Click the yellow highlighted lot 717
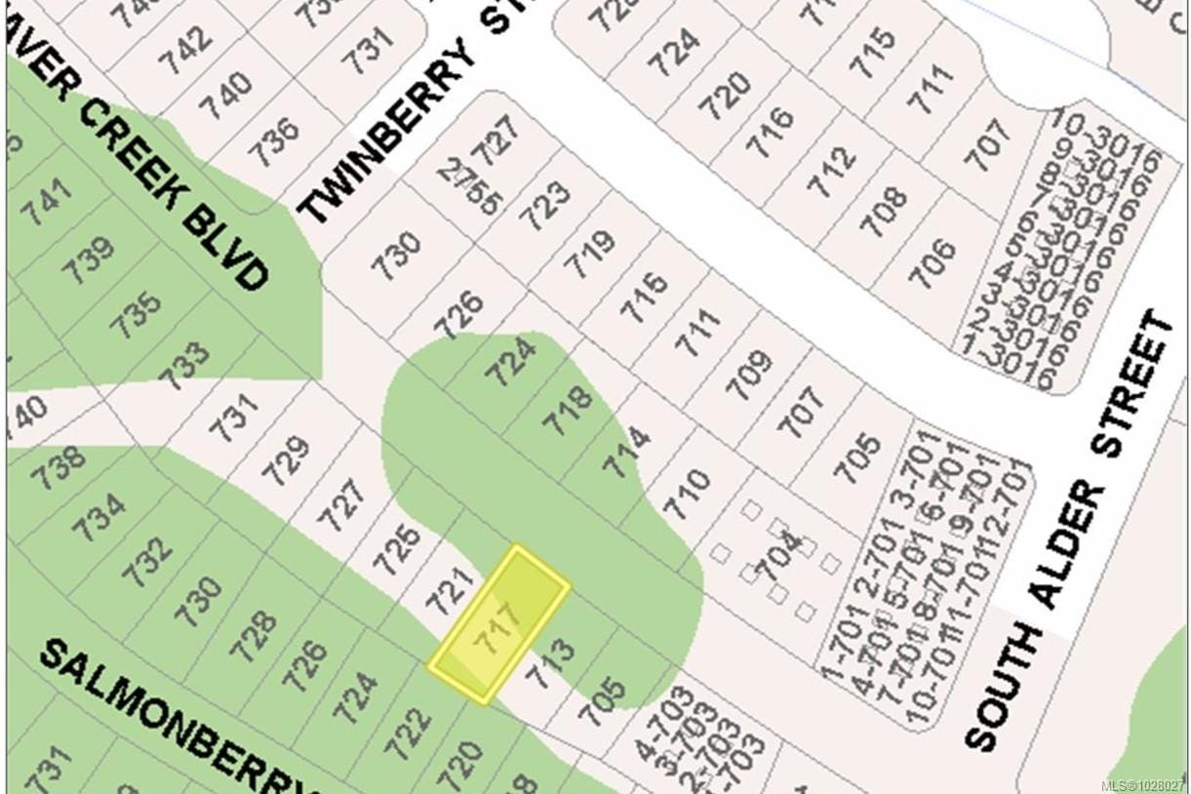coord(498,623)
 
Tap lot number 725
coord(399,549)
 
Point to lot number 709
coord(750,375)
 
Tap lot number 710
coord(686,493)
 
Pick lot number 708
coord(884,211)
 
